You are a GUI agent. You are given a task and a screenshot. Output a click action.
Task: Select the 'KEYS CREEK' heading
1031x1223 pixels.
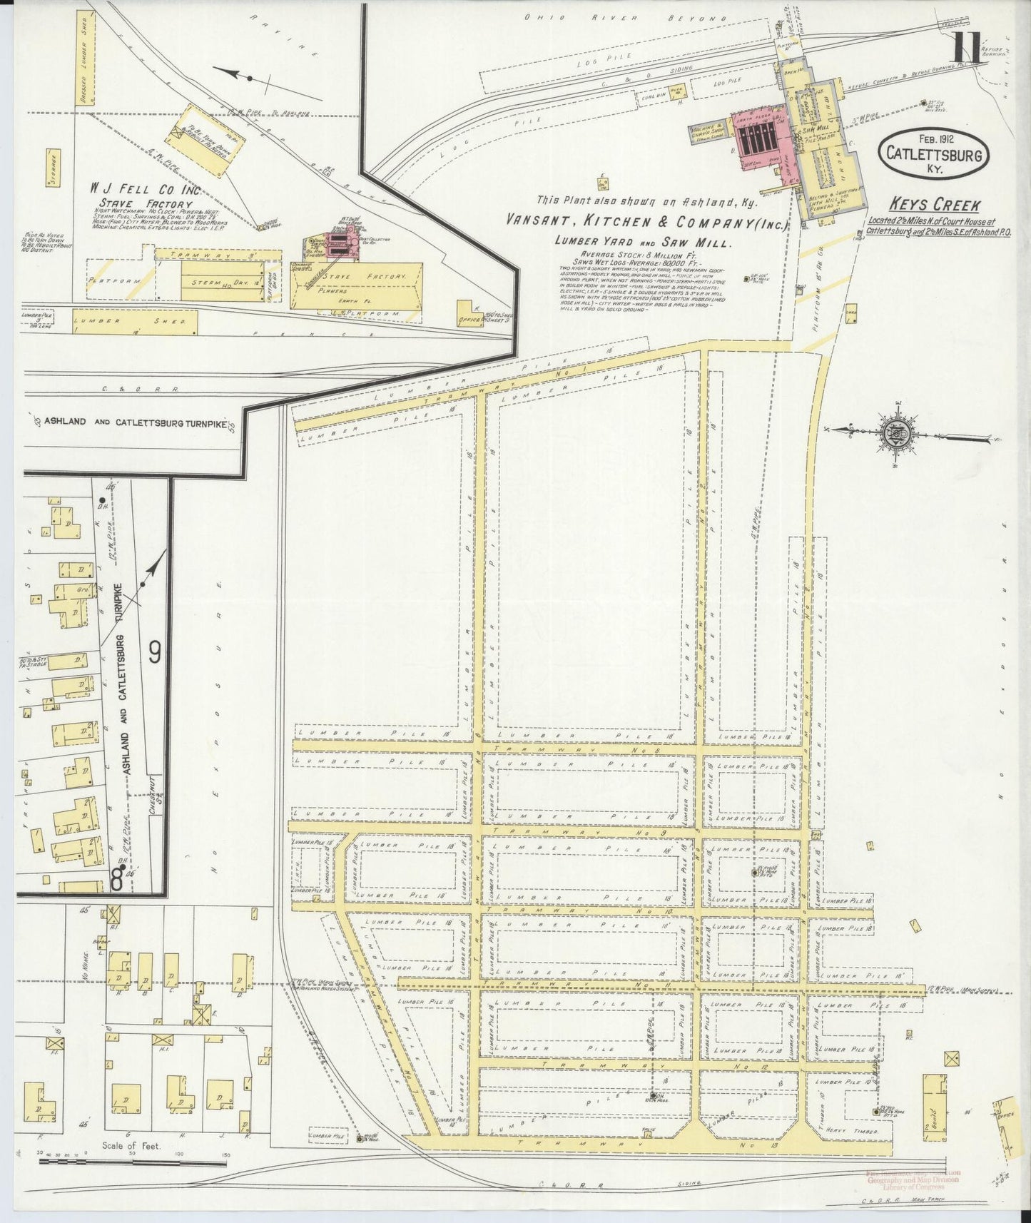pyautogui.click(x=935, y=205)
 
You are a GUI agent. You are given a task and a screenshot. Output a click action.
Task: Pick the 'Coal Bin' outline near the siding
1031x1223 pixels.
pyautogui.click(x=639, y=93)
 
